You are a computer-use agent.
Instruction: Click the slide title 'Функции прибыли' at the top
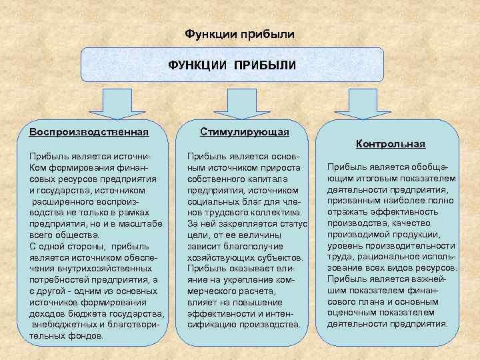[x=238, y=33]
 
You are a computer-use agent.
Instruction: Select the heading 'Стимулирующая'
[x=245, y=132]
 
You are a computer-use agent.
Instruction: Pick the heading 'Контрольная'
[x=391, y=144]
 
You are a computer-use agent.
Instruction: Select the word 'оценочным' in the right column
[x=351, y=313]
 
